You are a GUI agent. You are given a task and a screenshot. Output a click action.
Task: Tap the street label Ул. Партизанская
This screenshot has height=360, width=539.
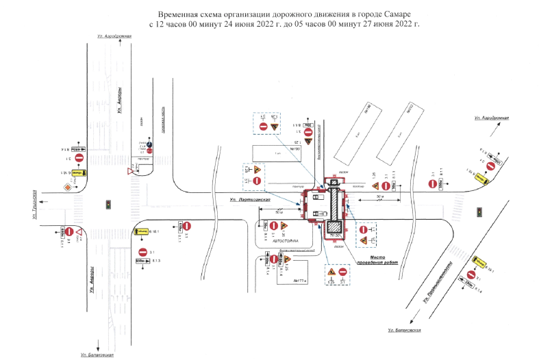250,199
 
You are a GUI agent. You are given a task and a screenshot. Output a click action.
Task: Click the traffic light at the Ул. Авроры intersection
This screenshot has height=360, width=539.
108,204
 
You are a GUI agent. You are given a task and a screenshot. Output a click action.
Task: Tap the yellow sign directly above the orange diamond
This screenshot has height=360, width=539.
77,173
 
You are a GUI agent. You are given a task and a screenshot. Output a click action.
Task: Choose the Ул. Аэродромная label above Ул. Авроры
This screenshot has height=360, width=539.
114,36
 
